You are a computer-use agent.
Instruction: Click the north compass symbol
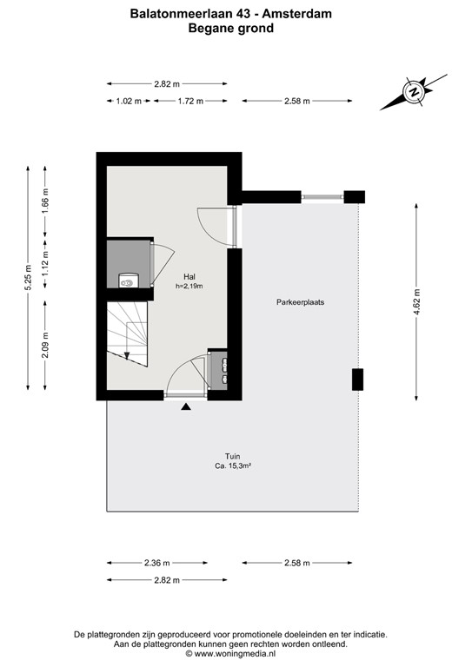click(x=413, y=91)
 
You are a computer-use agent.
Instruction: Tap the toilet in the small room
click(x=129, y=281)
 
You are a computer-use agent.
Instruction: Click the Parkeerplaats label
click(x=301, y=302)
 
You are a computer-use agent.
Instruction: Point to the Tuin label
click(x=230, y=456)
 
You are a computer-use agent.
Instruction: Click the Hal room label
click(x=189, y=277)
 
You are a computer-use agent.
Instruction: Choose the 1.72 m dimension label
click(x=189, y=102)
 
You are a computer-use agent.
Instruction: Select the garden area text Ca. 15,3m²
click(x=230, y=466)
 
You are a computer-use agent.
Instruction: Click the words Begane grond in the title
click(x=230, y=28)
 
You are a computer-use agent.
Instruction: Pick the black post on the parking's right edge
click(x=357, y=380)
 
